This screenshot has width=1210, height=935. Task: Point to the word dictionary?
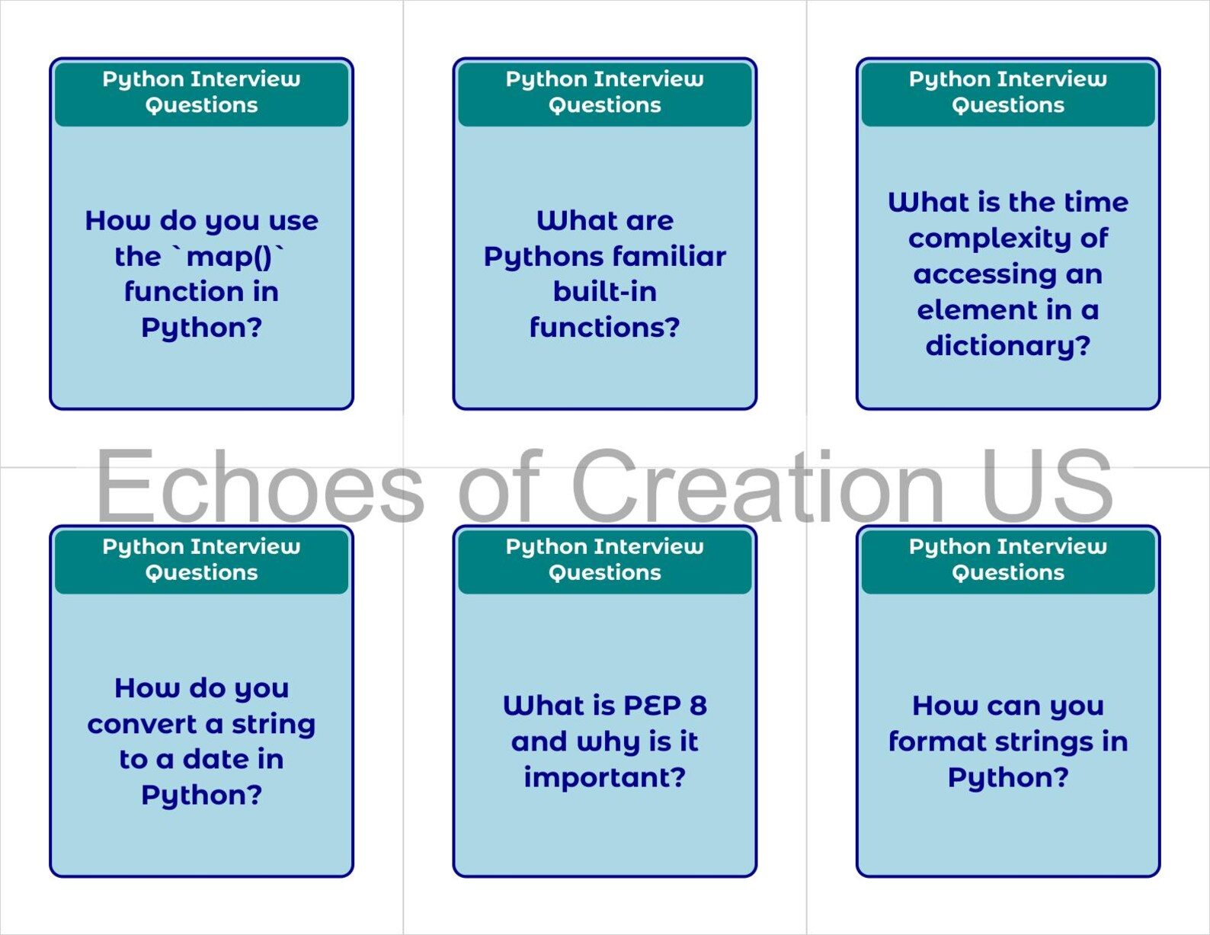pyautogui.click(x=1008, y=346)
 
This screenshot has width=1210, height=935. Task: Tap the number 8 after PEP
pyautogui.click(x=698, y=706)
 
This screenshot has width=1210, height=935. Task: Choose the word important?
pyautogui.click(x=605, y=778)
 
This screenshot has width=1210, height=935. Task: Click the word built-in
pyautogui.click(x=605, y=292)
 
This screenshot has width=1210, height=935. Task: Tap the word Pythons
pyautogui.click(x=543, y=258)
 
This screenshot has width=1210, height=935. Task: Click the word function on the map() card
pyautogui.click(x=181, y=292)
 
